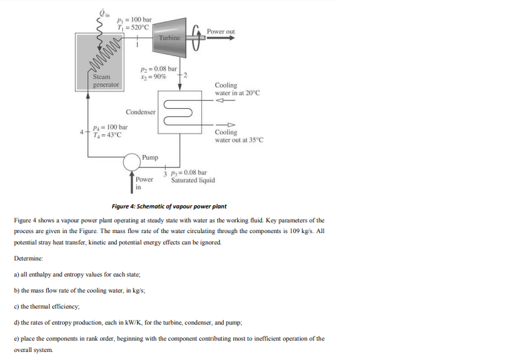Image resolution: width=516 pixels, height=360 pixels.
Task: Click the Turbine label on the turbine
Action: coord(170,38)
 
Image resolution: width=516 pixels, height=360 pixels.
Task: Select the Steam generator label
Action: coord(106,81)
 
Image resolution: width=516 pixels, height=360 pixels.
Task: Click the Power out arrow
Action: coord(221,39)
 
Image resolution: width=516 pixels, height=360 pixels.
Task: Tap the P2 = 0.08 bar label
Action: coord(158,69)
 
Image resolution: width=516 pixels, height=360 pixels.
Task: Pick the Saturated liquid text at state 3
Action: coord(192,180)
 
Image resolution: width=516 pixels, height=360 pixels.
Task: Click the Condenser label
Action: coord(140,112)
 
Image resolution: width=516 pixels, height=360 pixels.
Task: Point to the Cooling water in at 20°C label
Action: coord(237,89)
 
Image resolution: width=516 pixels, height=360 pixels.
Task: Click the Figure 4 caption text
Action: coord(168,206)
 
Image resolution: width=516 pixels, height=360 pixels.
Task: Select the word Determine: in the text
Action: coord(27,257)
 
